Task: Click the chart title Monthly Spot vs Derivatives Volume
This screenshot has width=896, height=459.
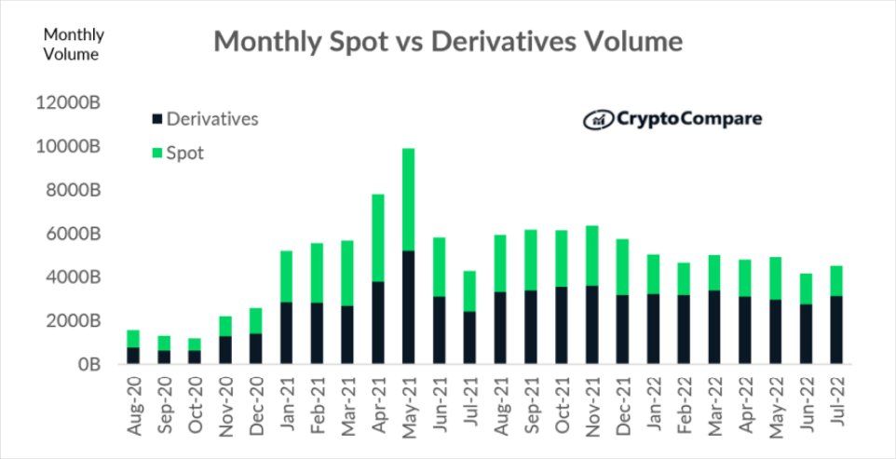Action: [448, 42]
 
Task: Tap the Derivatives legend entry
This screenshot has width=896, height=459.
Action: [211, 119]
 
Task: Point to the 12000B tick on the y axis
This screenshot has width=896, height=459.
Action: [68, 103]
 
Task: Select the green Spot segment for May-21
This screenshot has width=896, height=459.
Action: [408, 199]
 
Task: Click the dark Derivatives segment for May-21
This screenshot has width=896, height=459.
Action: [408, 307]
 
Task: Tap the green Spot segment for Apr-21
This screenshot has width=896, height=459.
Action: [377, 237]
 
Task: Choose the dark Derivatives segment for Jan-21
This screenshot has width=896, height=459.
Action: [285, 332]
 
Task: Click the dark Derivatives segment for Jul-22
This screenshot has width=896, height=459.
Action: [836, 330]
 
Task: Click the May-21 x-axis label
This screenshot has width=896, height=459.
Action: [409, 401]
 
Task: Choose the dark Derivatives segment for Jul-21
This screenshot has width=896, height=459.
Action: [469, 337]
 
